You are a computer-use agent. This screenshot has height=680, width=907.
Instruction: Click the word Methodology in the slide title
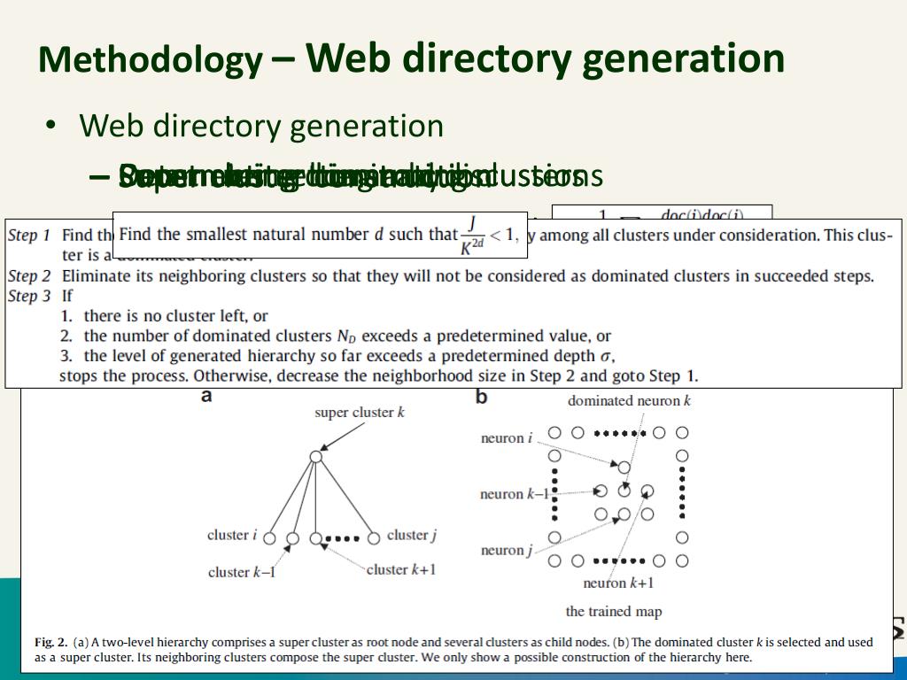[150, 59]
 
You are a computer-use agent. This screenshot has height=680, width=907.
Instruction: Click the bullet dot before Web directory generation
[52, 127]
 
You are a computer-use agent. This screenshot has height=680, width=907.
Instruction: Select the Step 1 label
[28, 236]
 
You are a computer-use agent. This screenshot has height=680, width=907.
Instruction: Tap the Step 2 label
[28, 276]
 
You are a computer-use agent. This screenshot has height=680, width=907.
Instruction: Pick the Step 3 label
[28, 297]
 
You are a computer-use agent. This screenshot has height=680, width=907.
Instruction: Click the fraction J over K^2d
[472, 235]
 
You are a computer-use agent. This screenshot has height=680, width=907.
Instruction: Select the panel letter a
[206, 397]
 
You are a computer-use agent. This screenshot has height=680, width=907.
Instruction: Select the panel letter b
[481, 397]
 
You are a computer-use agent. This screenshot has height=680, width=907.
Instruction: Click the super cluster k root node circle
[315, 457]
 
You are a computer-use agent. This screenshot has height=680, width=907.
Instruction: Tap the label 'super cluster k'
[360, 413]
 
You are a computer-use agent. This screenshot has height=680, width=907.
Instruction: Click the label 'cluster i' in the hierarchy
[232, 535]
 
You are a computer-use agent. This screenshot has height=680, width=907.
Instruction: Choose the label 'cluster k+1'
[401, 569]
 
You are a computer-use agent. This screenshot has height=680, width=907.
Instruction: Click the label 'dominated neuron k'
[629, 401]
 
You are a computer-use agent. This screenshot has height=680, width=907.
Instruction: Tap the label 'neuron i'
[507, 438]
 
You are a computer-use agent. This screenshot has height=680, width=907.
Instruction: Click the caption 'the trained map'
[613, 612]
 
